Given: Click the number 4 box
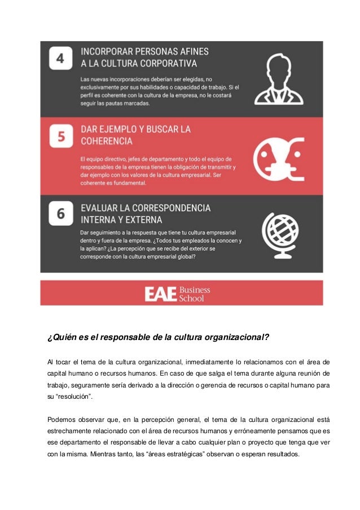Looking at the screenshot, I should click(x=60, y=58).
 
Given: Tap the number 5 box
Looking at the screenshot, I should click(x=60, y=136).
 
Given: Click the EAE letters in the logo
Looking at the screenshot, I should click(x=160, y=294).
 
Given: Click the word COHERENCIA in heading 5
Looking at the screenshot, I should click(x=107, y=141).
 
